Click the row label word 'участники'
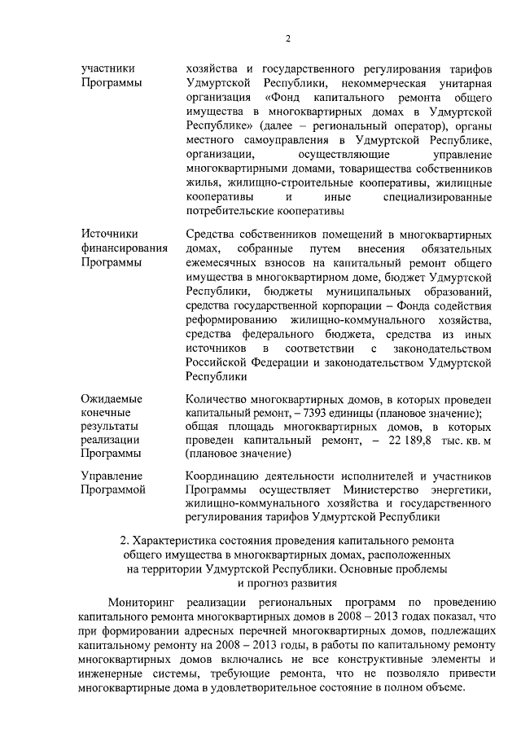(x=107, y=68)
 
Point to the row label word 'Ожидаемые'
(x=112, y=399)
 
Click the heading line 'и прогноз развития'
(x=287, y=583)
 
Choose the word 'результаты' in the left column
(x=110, y=426)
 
